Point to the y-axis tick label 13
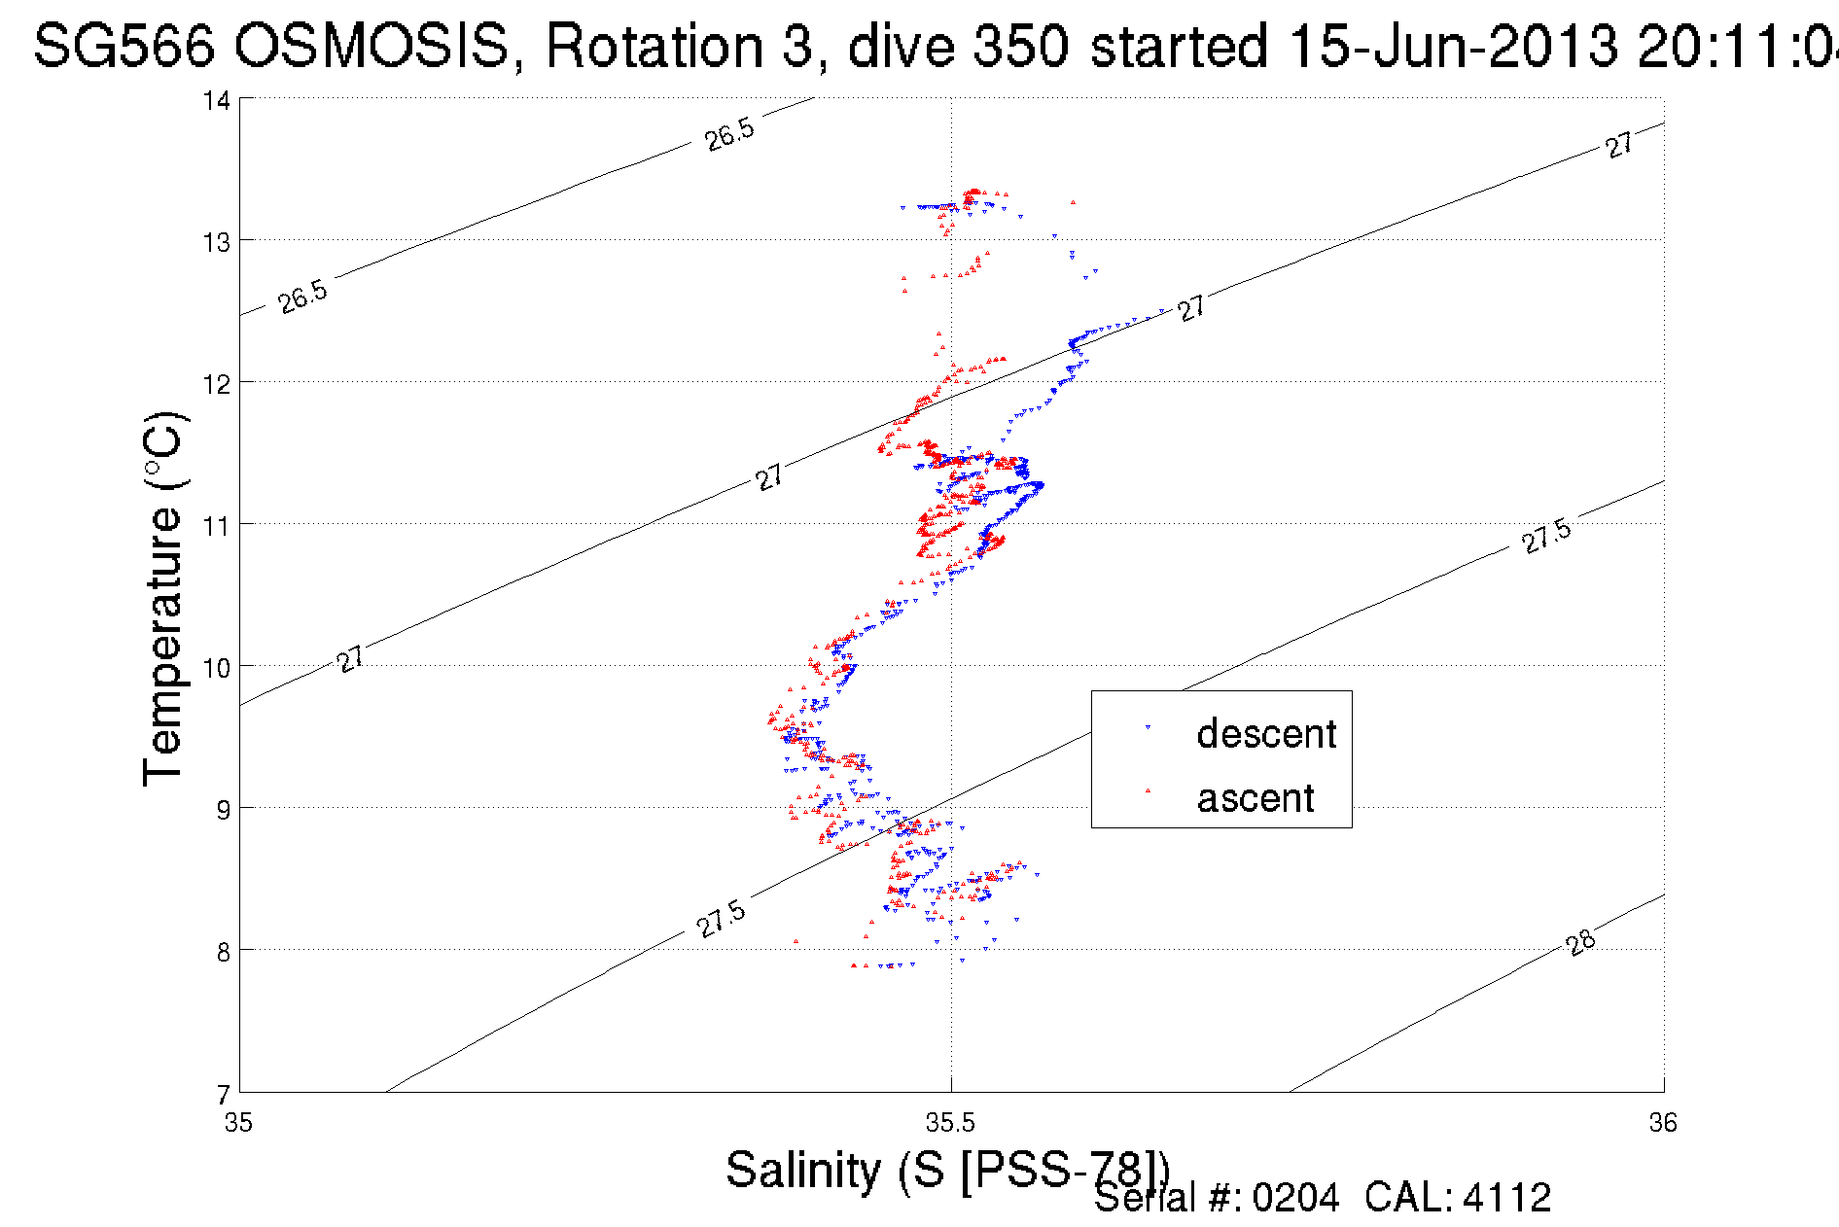click(x=216, y=242)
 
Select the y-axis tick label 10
click(x=216, y=668)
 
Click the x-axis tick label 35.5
click(x=950, y=1123)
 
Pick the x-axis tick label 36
click(x=1663, y=1123)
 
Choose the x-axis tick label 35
click(x=238, y=1123)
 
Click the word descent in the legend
click(x=1266, y=734)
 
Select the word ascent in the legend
click(x=1255, y=798)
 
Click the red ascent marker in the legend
click(x=1148, y=791)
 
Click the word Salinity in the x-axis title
click(x=802, y=1170)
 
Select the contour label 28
click(x=1581, y=942)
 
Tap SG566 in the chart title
click(x=124, y=46)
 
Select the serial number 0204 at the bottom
click(x=1295, y=1198)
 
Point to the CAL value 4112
click(x=1506, y=1198)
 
